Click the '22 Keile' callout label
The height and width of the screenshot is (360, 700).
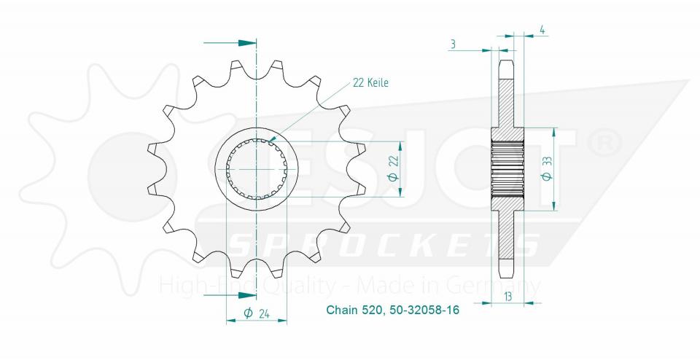(370, 83)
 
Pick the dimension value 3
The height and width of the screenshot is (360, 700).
(453, 45)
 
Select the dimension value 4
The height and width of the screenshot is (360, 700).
(543, 30)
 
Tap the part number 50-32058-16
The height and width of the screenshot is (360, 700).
(420, 310)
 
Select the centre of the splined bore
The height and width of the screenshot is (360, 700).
(257, 169)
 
